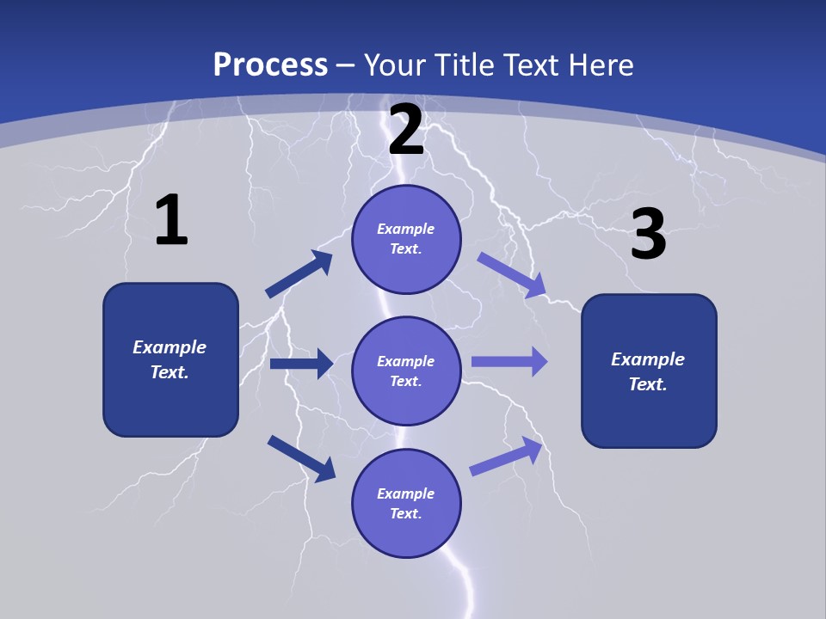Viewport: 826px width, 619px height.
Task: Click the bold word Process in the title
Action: pyautogui.click(x=270, y=65)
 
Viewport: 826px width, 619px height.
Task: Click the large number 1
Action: pyautogui.click(x=171, y=221)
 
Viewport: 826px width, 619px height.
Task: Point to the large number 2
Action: pyautogui.click(x=406, y=131)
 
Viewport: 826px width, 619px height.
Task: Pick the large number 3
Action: pyautogui.click(x=649, y=234)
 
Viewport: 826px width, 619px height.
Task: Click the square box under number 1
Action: pyautogui.click(x=170, y=359)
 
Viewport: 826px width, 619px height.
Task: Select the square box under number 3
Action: pyautogui.click(x=649, y=371)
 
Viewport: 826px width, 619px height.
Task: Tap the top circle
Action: pyautogui.click(x=406, y=239)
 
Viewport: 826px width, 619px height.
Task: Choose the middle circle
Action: pyautogui.click(x=406, y=371)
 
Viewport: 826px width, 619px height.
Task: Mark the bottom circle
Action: pyautogui.click(x=406, y=503)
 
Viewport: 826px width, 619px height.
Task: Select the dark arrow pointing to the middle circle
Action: pyautogui.click(x=301, y=364)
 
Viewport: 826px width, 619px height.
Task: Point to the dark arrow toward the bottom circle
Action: pyautogui.click(x=301, y=458)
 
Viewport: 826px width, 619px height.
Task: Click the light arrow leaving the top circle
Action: pyautogui.click(x=512, y=275)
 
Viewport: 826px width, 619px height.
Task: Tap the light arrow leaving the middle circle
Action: pyautogui.click(x=509, y=361)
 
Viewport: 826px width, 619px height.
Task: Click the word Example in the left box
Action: pyautogui.click(x=170, y=347)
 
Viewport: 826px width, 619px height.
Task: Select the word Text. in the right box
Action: pyautogui.click(x=648, y=384)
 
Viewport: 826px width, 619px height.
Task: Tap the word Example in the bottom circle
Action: pyautogui.click(x=406, y=493)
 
